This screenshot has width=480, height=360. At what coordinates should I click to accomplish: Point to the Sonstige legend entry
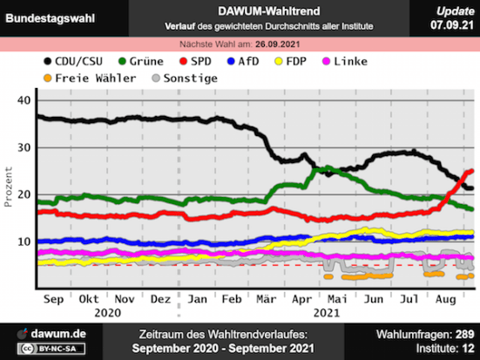click(x=186, y=78)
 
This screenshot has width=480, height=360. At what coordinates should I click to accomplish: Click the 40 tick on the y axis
click(x=24, y=100)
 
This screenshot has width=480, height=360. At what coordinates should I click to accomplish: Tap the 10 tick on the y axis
click(x=24, y=241)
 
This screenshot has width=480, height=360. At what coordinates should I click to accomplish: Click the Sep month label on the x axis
click(x=54, y=298)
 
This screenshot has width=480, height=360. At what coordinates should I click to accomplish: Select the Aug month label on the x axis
click(x=445, y=298)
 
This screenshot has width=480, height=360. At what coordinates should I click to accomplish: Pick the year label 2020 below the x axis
click(x=108, y=311)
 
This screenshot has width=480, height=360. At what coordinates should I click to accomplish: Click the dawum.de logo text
click(x=57, y=333)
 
